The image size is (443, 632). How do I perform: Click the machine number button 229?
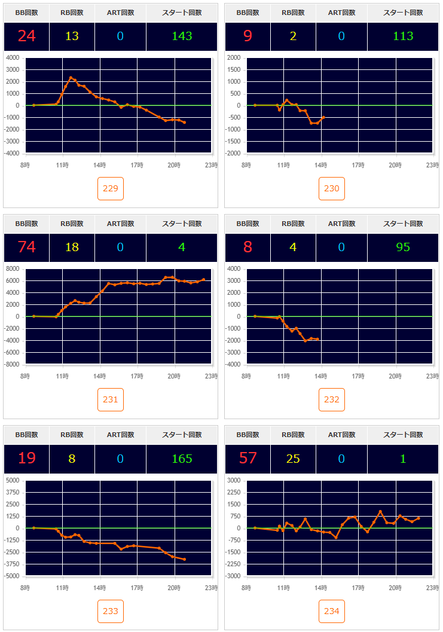point(111,188)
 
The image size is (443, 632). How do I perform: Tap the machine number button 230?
point(332,188)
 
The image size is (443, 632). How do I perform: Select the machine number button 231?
point(111,399)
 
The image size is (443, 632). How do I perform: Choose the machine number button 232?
point(332,399)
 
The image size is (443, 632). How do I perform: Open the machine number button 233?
point(111,611)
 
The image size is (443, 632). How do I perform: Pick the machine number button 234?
point(332,611)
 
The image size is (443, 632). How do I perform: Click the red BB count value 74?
point(26,247)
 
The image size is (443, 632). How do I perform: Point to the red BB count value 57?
point(248,459)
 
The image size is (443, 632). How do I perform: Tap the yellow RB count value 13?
point(72,36)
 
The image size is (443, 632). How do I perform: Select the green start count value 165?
point(182,459)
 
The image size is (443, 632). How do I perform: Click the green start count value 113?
point(403,36)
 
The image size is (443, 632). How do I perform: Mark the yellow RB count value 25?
point(293,459)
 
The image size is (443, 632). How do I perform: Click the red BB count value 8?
point(248,247)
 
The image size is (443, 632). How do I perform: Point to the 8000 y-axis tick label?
point(13,269)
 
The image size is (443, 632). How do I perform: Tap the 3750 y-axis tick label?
point(13,492)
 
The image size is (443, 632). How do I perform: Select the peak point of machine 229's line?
point(71,78)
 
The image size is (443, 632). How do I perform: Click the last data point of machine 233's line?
point(185,560)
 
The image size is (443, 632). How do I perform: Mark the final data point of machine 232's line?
point(317,340)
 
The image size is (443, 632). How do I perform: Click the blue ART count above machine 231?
point(120,247)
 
